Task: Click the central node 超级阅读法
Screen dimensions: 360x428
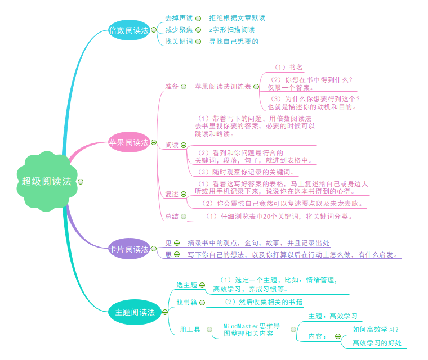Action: tap(47, 181)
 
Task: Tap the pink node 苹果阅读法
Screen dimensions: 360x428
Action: tap(129, 142)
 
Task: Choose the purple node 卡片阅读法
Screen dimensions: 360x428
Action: tap(129, 249)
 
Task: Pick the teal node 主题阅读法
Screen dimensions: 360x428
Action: tap(135, 312)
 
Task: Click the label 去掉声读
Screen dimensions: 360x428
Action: tap(179, 18)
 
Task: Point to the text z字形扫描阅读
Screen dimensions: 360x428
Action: tap(231, 30)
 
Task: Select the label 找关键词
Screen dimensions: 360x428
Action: tap(179, 42)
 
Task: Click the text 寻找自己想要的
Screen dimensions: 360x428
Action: tap(234, 42)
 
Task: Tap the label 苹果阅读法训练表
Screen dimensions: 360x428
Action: tap(223, 87)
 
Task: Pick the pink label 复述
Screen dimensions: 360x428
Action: tap(172, 194)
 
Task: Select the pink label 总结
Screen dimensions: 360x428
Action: tap(172, 216)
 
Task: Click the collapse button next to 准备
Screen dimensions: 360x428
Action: tap(184, 87)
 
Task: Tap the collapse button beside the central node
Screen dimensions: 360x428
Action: tap(81, 181)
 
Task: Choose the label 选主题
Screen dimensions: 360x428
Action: tap(187, 285)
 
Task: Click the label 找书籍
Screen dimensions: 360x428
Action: tap(187, 303)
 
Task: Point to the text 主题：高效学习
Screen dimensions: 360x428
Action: tap(333, 316)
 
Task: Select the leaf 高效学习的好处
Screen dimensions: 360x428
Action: tap(377, 343)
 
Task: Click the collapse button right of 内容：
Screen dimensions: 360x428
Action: tap(337, 336)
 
